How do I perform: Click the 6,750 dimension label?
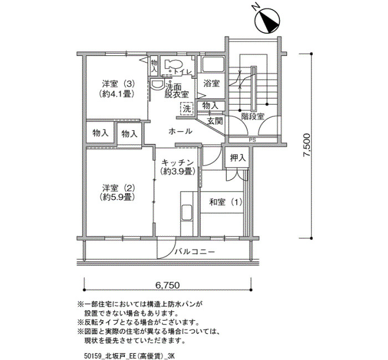point(167,285)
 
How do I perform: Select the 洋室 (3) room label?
point(118,84)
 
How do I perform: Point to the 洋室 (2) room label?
point(118,188)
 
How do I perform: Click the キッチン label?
point(177,163)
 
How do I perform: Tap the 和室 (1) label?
point(226,202)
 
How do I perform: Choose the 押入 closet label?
point(238,158)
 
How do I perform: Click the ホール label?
point(180,131)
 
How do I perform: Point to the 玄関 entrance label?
point(215,121)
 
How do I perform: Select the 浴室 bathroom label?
point(211,83)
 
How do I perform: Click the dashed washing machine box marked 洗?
point(187,109)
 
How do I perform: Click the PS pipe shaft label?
point(252,140)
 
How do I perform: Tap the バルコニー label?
point(195,252)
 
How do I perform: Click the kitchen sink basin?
point(187,213)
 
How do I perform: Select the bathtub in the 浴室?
point(212,64)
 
